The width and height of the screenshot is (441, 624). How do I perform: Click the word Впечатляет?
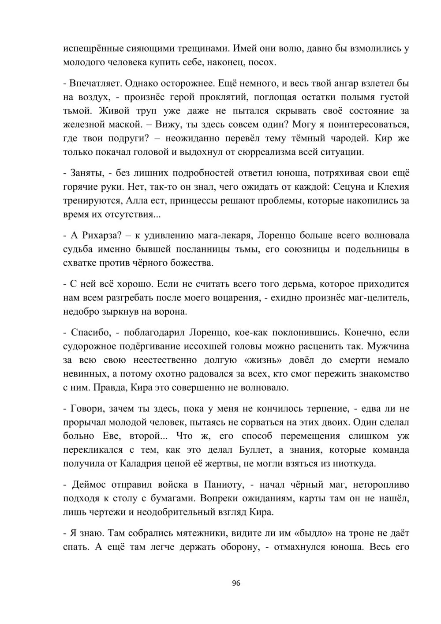94,83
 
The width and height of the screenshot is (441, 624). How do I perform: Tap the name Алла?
138,201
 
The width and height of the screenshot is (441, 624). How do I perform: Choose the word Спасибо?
88,332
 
